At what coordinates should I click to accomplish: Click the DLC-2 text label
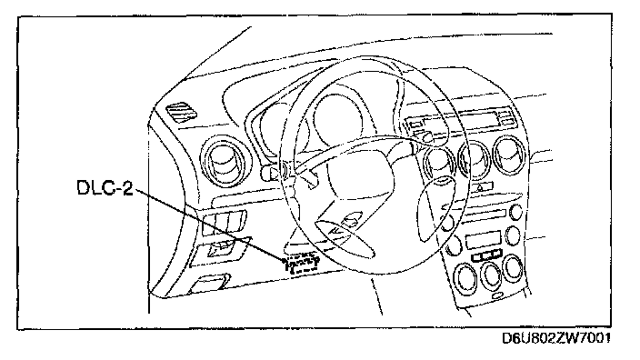tap(105, 187)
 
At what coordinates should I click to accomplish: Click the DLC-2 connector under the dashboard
tap(302, 264)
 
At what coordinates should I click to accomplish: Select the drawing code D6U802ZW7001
tap(556, 338)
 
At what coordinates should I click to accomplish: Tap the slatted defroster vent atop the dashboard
tap(182, 112)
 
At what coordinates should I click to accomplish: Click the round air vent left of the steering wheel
tap(224, 162)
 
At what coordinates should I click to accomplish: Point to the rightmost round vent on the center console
tap(509, 155)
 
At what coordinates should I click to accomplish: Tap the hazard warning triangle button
tap(481, 188)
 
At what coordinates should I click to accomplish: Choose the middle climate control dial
tap(491, 275)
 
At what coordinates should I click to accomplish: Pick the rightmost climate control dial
tap(513, 268)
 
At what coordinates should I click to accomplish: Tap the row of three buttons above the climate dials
tap(486, 256)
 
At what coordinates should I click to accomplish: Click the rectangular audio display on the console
tap(483, 240)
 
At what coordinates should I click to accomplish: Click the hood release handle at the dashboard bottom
tap(208, 284)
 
